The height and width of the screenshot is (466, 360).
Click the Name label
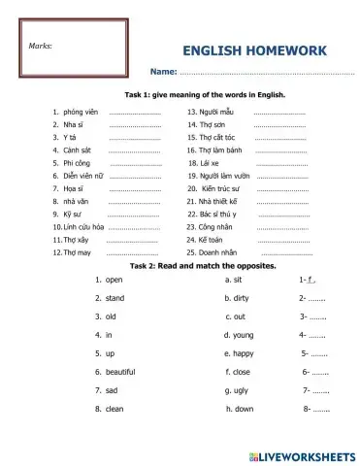tap(162, 73)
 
